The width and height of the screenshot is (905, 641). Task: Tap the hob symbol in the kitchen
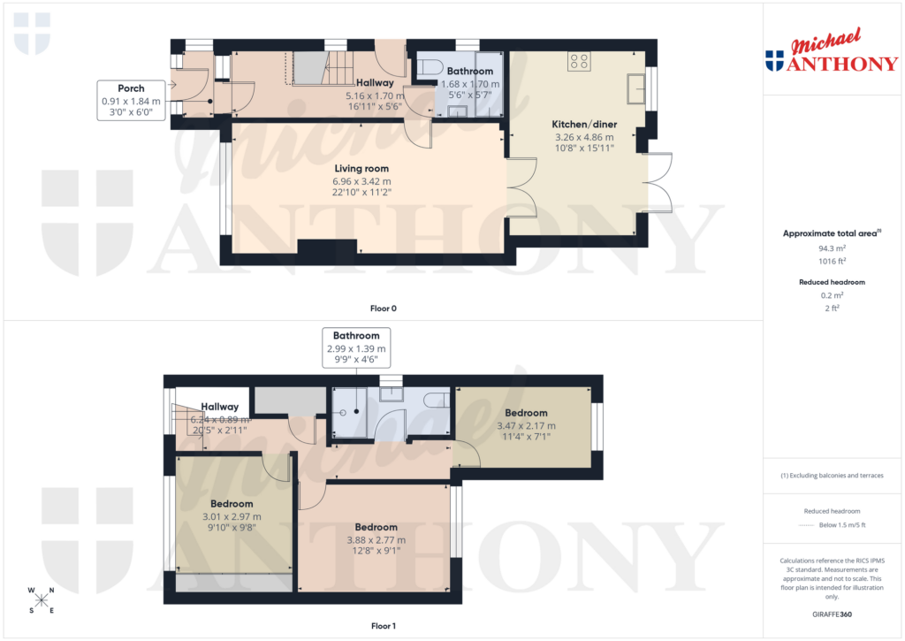click(x=580, y=61)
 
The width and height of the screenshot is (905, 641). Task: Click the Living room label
click(x=361, y=168)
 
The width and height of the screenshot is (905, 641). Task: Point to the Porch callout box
click(x=131, y=100)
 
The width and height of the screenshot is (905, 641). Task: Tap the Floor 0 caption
click(x=383, y=309)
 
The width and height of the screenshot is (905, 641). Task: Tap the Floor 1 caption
click(x=383, y=626)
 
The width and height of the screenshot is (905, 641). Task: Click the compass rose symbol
click(x=41, y=600)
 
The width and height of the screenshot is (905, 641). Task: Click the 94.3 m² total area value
click(x=833, y=249)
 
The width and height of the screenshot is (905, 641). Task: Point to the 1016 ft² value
click(x=833, y=263)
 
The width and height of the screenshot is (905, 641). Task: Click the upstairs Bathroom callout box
click(x=356, y=347)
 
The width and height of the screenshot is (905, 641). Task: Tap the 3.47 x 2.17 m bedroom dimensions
click(x=526, y=425)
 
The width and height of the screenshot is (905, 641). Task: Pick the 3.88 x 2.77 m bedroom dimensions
click(x=376, y=539)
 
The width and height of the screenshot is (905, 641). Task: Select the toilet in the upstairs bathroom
click(x=437, y=401)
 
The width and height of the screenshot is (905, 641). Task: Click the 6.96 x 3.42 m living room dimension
click(x=361, y=181)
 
